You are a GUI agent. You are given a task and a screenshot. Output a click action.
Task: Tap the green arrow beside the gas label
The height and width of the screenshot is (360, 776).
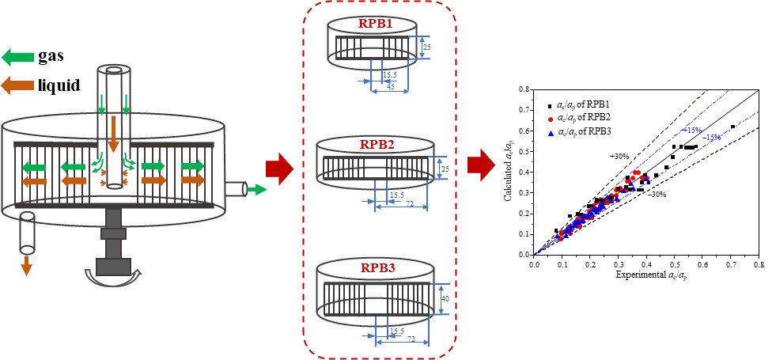click(17, 56)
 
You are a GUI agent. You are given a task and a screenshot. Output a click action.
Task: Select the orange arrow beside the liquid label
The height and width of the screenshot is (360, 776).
click(17, 84)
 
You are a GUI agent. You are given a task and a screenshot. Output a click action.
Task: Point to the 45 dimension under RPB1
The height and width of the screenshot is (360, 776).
click(390, 87)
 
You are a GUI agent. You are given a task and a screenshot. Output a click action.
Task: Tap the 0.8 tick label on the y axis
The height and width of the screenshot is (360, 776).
click(524, 90)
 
